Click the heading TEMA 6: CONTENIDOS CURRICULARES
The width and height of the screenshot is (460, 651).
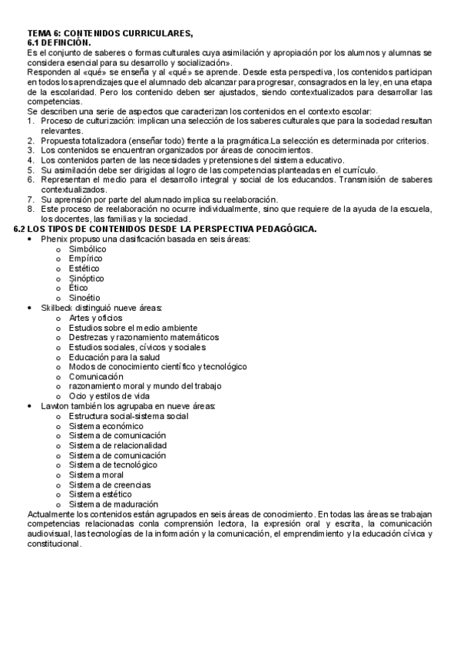tap(111, 32)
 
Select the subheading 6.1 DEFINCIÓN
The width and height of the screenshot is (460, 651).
tap(65, 42)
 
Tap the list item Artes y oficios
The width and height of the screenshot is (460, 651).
tap(95, 318)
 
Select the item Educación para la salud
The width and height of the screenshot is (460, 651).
tap(113, 357)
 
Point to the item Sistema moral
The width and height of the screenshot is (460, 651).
tap(95, 474)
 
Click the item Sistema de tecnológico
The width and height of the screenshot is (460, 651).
tap(113, 464)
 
